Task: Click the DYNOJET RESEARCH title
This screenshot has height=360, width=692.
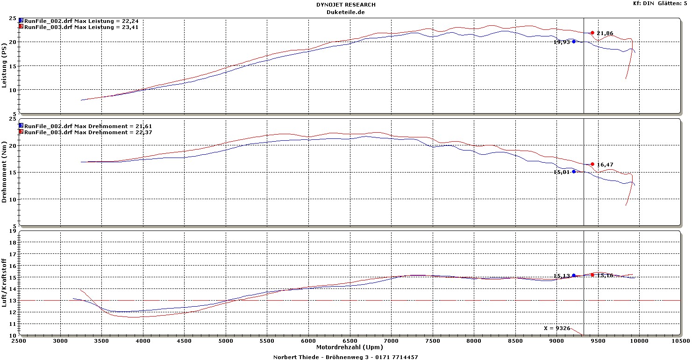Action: tap(346, 5)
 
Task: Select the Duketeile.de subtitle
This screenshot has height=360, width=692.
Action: tap(346, 12)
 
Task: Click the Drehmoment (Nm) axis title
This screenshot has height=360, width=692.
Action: tap(5, 173)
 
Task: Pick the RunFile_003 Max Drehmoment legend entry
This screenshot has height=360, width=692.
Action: tap(88, 132)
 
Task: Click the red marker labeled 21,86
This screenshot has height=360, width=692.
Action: tap(592, 33)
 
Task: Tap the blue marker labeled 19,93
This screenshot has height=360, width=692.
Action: tap(574, 42)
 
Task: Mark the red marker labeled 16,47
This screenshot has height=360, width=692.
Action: tap(592, 164)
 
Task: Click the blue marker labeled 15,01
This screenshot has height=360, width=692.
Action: tap(574, 172)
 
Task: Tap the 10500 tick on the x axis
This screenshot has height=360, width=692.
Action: tap(680, 341)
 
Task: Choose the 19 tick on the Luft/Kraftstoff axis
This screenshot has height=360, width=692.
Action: tap(14, 231)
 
